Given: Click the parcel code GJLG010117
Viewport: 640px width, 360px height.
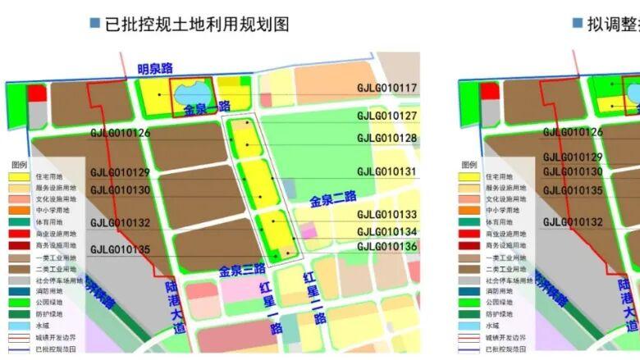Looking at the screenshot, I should (386, 89).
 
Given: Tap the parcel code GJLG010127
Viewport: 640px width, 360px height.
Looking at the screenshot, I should (386, 116).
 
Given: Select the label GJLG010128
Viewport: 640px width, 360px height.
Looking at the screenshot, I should (386, 138).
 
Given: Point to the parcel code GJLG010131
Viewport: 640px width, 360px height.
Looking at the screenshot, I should (386, 172).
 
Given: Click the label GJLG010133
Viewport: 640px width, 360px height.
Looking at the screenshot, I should (386, 215).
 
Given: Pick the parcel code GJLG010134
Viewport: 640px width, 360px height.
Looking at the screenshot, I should (386, 232).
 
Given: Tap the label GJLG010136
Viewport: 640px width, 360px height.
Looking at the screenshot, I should (386, 246).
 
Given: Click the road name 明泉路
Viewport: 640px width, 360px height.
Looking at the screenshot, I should (156, 69).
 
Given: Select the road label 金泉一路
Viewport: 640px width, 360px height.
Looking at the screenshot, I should (206, 108).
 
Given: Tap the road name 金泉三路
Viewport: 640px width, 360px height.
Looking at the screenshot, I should (242, 269).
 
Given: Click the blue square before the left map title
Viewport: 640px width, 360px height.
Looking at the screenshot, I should (94, 24).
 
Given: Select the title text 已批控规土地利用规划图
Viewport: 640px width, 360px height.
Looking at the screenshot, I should (197, 24).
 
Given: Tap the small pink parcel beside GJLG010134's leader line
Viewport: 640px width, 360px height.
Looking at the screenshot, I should (307, 230).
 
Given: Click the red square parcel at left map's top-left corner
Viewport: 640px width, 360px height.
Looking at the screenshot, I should (36, 92).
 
